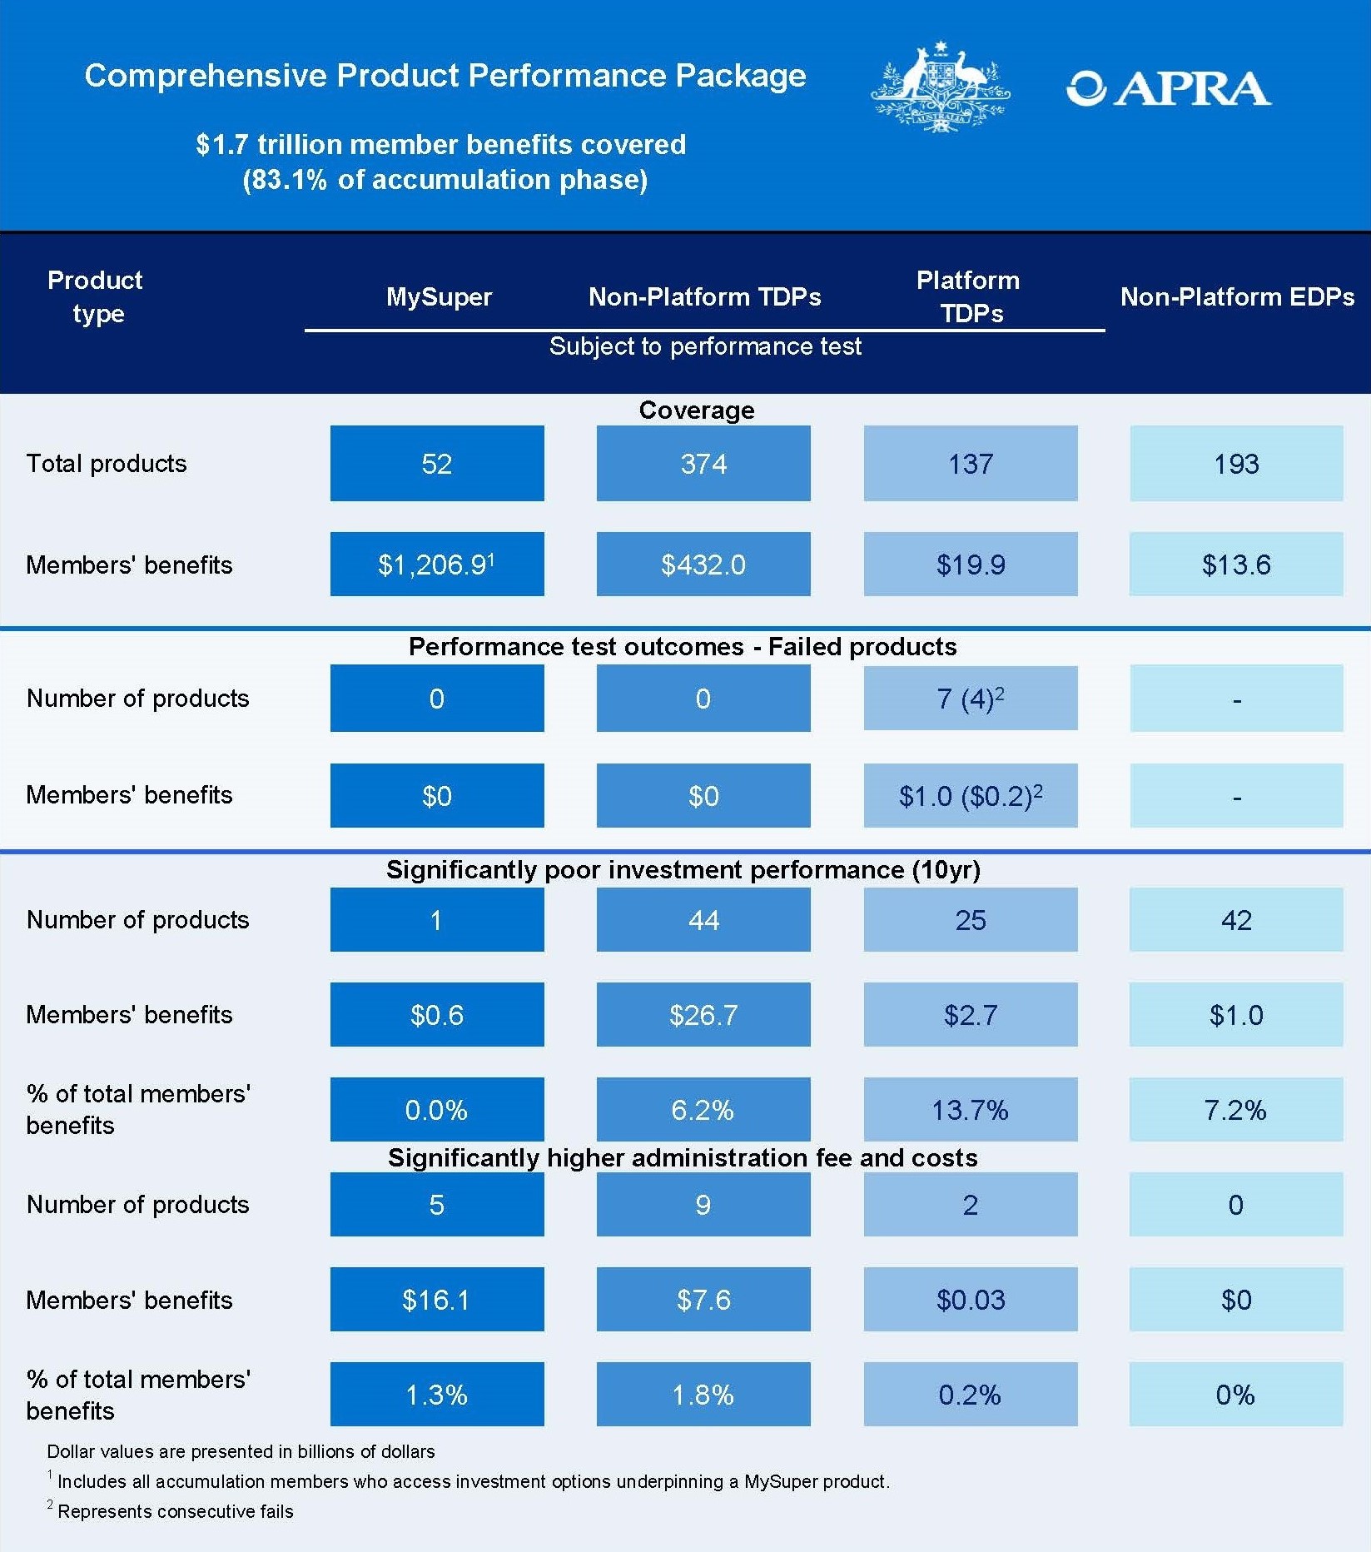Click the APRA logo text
(1169, 89)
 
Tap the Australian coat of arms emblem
(940, 87)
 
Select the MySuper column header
(439, 297)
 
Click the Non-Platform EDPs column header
(1237, 297)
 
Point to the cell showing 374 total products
(703, 464)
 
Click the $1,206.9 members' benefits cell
(437, 565)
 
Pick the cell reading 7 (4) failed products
(970, 699)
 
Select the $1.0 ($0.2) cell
(970, 796)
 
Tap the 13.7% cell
(970, 1110)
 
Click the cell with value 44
(703, 920)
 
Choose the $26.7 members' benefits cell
(703, 1015)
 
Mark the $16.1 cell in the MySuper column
(437, 1300)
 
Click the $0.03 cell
(970, 1300)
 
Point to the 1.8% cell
(703, 1395)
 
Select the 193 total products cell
(1236, 464)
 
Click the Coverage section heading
(697, 410)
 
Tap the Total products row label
(107, 464)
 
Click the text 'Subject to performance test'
(705, 346)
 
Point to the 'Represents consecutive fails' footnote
(175, 1511)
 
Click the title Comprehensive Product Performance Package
(445, 76)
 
